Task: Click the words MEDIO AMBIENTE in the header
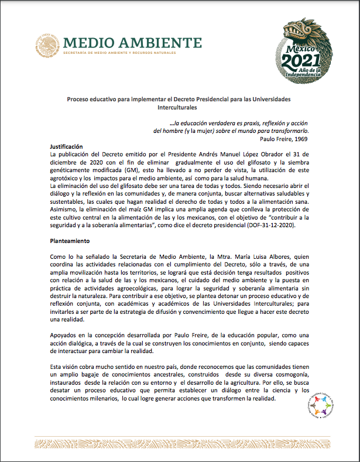pyautogui.click(x=128, y=42)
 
